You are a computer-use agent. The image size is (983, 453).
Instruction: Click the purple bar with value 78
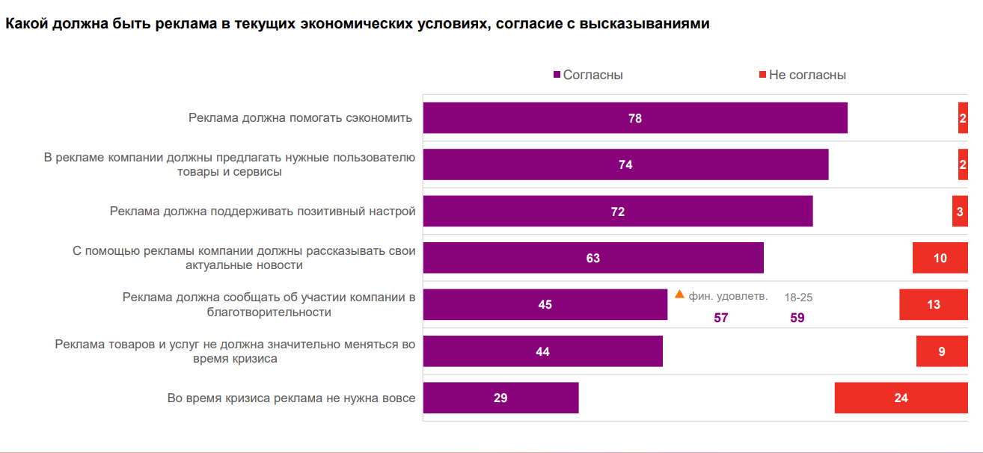click(634, 118)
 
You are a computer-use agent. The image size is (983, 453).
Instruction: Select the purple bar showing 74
click(625, 164)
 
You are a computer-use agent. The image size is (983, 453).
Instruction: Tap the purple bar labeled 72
click(617, 212)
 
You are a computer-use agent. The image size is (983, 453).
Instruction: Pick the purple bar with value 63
click(592, 258)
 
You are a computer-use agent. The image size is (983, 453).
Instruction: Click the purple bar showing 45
click(545, 304)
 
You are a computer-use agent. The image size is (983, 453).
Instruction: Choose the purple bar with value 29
click(500, 398)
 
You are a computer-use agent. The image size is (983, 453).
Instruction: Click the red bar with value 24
click(901, 398)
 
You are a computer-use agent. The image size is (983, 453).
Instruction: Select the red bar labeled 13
click(933, 304)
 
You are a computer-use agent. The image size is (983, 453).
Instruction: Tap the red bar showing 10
click(940, 258)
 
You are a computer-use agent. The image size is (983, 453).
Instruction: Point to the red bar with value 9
click(942, 351)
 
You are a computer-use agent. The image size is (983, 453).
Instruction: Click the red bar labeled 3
click(960, 212)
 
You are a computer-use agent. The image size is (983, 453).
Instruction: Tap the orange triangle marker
click(679, 295)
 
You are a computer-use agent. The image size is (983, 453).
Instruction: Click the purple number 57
click(720, 318)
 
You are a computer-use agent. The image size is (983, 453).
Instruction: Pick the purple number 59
click(797, 318)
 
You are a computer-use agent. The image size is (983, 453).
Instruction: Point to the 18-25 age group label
click(798, 297)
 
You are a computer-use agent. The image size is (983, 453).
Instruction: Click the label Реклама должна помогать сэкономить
click(300, 118)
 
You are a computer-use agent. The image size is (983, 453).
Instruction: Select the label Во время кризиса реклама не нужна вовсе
click(291, 398)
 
